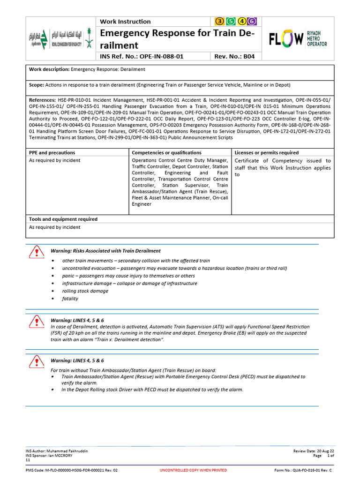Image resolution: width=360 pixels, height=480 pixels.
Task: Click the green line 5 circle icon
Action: [x=231, y=21]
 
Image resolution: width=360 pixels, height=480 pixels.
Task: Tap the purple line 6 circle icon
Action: [x=253, y=21]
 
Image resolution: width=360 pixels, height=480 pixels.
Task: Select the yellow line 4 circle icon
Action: [x=242, y=21]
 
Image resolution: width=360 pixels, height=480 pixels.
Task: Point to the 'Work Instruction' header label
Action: [x=125, y=22]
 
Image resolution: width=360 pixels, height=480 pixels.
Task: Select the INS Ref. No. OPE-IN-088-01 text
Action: [x=142, y=56]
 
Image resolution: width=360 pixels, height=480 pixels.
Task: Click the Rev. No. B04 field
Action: [x=234, y=56]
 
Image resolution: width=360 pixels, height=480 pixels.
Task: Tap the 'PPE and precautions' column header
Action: [x=52, y=152]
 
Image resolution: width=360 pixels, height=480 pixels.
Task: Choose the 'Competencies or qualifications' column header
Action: [x=167, y=152]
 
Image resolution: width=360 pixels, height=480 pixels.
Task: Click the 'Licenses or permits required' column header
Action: [x=266, y=152]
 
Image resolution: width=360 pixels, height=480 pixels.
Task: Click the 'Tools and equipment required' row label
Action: [x=63, y=219]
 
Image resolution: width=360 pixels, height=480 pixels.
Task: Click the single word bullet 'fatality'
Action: [x=70, y=299]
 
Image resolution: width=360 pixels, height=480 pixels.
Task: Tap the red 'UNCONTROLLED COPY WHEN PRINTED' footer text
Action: [x=193, y=470]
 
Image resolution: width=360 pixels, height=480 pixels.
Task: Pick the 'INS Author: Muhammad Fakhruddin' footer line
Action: [x=56, y=450]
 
